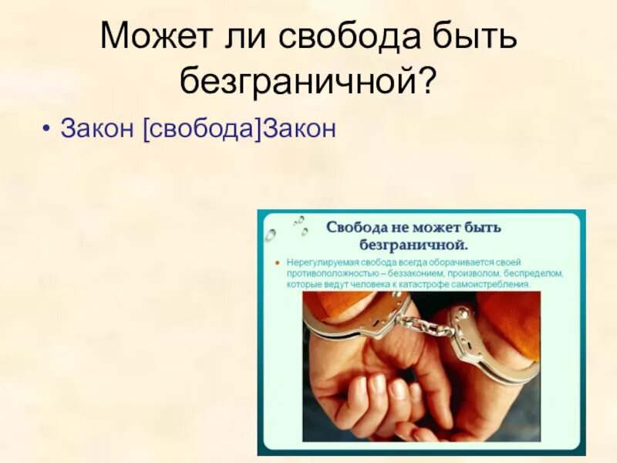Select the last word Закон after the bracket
[300, 127]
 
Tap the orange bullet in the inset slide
[278, 262]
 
